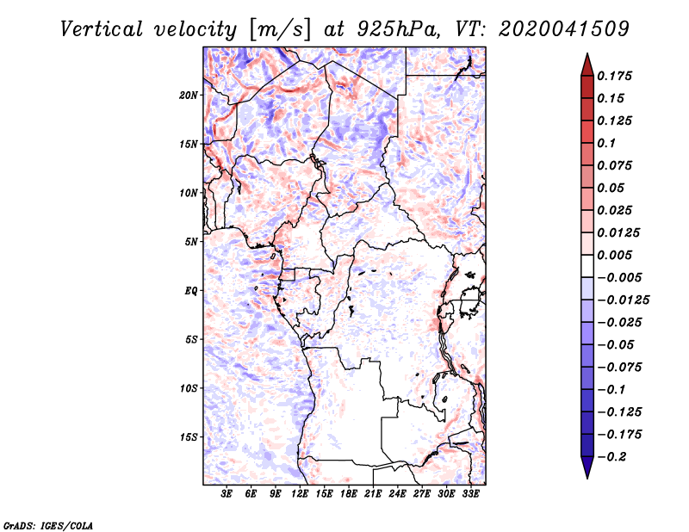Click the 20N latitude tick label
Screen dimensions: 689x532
[189, 95]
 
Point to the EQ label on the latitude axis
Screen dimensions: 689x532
[190, 291]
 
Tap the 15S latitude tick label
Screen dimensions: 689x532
[189, 437]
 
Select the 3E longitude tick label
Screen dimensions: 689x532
[227, 494]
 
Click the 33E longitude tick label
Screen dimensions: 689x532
[470, 494]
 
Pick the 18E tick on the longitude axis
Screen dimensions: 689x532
[349, 494]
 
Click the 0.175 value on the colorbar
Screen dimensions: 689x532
[614, 76]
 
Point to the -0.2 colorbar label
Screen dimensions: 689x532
[611, 457]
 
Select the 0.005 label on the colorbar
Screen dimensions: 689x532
[614, 255]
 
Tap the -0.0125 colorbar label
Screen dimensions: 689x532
[623, 300]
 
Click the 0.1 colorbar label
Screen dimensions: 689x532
[606, 143]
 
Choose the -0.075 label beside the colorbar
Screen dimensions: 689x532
[619, 368]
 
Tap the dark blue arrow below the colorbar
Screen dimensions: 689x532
[587, 467]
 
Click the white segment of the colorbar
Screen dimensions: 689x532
[587, 266]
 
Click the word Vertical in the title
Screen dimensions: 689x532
[102, 29]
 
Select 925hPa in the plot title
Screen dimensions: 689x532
[399, 29]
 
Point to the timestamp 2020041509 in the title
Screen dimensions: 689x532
[564, 29]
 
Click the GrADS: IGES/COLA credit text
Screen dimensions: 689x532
[48, 525]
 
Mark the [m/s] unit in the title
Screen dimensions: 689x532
[280, 29]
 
